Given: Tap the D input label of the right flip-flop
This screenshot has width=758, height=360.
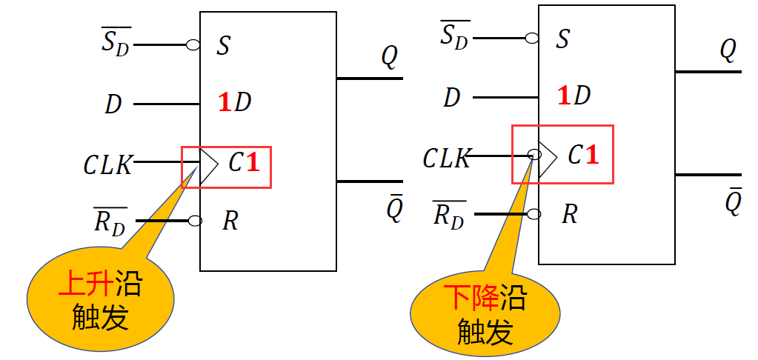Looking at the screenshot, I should (x=453, y=97).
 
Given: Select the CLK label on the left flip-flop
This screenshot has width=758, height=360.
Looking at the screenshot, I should (x=107, y=164).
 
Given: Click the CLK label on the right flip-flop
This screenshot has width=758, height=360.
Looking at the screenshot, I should (x=446, y=158).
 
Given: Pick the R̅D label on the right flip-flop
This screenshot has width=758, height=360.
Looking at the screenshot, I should (x=450, y=214).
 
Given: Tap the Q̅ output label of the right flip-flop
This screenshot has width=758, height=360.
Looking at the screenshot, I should (x=733, y=202).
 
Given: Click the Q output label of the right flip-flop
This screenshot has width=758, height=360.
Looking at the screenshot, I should (x=728, y=50).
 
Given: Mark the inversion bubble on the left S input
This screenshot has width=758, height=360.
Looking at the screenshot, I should (x=193, y=45).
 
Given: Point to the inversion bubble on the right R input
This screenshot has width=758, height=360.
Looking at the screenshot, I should (x=532, y=214).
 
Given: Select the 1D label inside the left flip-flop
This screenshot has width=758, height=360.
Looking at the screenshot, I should (x=235, y=103).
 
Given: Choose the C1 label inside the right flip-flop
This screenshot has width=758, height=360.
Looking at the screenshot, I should (x=582, y=155).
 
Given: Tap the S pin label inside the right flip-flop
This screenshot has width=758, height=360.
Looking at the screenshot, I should (x=562, y=39).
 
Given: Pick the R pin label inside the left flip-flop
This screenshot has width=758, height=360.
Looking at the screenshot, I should (x=230, y=221).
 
